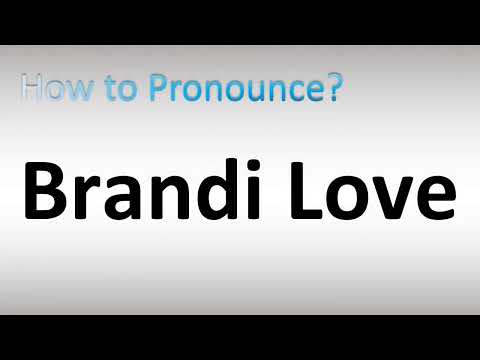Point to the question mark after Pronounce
click(334, 90)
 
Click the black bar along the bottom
click(240, 337)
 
